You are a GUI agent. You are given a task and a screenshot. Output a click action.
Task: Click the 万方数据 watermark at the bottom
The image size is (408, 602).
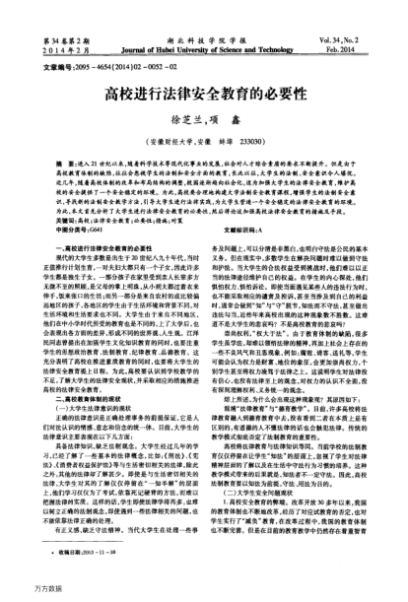pos(18,593)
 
